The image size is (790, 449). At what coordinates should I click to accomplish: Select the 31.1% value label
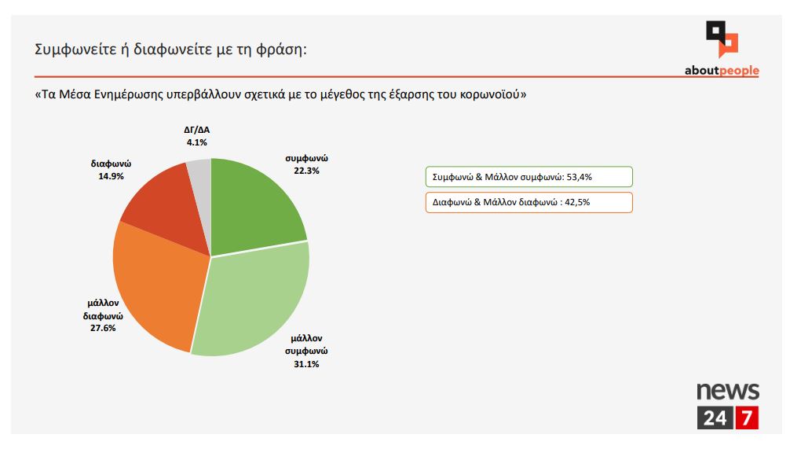307,364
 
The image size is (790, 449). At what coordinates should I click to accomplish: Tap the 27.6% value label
104,328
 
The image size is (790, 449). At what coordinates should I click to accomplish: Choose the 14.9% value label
110,176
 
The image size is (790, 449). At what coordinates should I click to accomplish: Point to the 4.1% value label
197,142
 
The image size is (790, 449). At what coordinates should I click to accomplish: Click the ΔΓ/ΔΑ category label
197,131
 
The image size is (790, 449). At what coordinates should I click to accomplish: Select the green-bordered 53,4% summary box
528,177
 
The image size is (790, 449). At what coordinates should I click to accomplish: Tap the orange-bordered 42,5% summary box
528,202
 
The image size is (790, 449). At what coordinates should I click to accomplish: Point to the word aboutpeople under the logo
722,71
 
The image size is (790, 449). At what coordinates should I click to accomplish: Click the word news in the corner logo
728,391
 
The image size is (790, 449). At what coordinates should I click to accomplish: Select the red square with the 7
747,418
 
